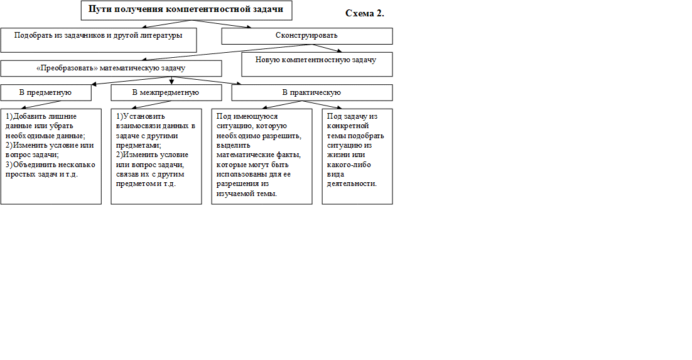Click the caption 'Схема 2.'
pyautogui.click(x=365, y=13)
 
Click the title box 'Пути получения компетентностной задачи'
pyautogui.click(x=187, y=10)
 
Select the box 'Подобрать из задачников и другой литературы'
pyautogui.click(x=99, y=40)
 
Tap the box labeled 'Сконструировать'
pyautogui.click(x=306, y=36)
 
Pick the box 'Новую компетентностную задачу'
pyautogui.click(x=317, y=65)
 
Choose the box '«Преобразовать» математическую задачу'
pyautogui.click(x=111, y=68)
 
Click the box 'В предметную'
pyautogui.click(x=46, y=93)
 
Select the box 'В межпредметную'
pyautogui.click(x=166, y=93)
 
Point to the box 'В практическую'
pyautogui.click(x=312, y=93)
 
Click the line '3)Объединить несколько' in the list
pyautogui.click(x=50, y=165)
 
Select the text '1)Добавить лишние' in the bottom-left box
pyautogui.click(x=41, y=116)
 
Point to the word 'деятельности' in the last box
pyautogui.click(x=351, y=183)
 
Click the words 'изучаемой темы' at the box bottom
pyautogui.click(x=246, y=194)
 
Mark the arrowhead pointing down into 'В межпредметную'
pyautogui.click(x=171, y=82)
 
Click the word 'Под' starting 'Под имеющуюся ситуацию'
pyautogui.click(x=222, y=116)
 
